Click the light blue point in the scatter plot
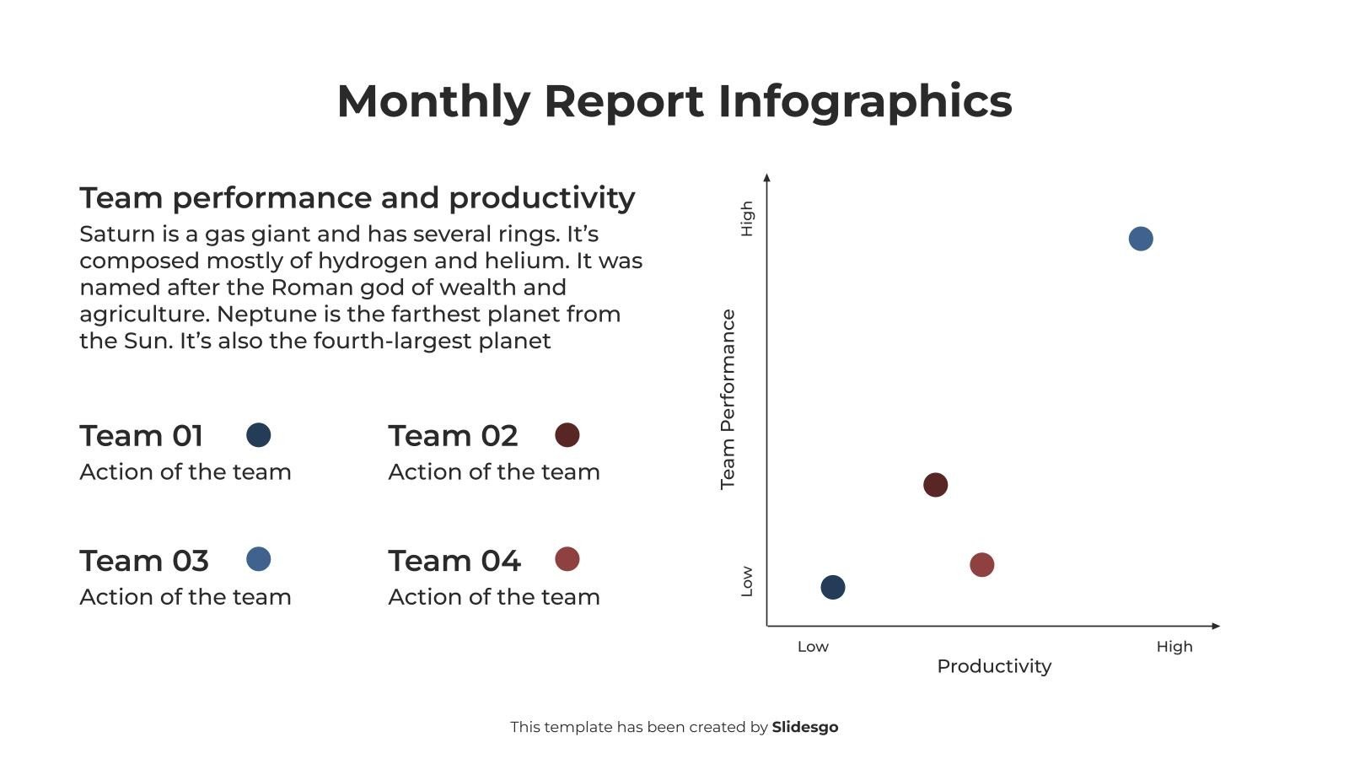click(1140, 239)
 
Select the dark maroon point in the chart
click(935, 485)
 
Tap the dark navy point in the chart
click(832, 587)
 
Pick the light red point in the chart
click(981, 564)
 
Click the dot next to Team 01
click(258, 435)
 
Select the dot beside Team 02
click(567, 435)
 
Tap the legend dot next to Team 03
click(258, 559)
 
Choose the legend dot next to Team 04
click(567, 559)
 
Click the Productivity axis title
click(994, 666)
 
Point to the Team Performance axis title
click(728, 399)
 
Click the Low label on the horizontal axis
click(813, 647)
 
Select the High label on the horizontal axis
click(1174, 647)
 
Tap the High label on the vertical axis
click(746, 218)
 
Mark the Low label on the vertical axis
click(746, 581)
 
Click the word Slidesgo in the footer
click(804, 727)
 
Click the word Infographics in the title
click(864, 101)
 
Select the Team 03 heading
click(144, 561)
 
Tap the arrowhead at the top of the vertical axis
click(766, 177)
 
